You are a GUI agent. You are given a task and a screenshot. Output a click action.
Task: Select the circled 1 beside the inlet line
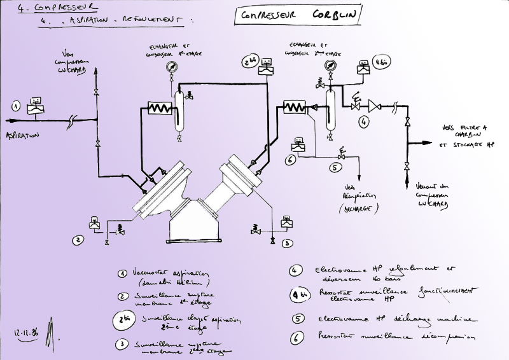(17, 106)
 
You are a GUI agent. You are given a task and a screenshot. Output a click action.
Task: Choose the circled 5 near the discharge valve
(335, 169)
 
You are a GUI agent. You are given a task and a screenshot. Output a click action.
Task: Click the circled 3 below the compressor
(288, 243)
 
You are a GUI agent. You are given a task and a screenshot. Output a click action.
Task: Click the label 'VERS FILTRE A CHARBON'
(464, 131)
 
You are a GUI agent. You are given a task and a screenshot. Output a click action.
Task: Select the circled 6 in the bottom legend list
(296, 338)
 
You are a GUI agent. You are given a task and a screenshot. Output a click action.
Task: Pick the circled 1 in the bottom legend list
(122, 273)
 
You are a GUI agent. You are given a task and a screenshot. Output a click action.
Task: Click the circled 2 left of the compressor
(78, 240)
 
